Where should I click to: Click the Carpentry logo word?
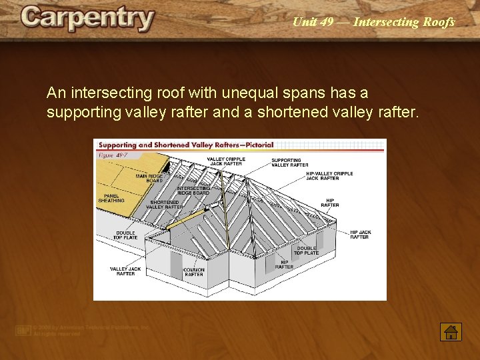87,19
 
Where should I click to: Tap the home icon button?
451,331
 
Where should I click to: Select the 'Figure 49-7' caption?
113,155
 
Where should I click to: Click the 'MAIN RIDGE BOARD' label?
149,179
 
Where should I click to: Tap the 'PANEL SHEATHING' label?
111,198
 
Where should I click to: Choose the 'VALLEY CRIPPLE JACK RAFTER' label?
226,161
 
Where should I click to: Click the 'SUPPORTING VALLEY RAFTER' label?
290,163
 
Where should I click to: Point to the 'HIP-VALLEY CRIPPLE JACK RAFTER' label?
329,176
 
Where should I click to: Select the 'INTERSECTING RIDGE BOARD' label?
193,191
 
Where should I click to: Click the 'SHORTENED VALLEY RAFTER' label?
165,205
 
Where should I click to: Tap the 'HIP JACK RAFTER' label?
359,235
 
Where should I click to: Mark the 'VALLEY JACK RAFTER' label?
125,271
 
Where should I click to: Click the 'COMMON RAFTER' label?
194,272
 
